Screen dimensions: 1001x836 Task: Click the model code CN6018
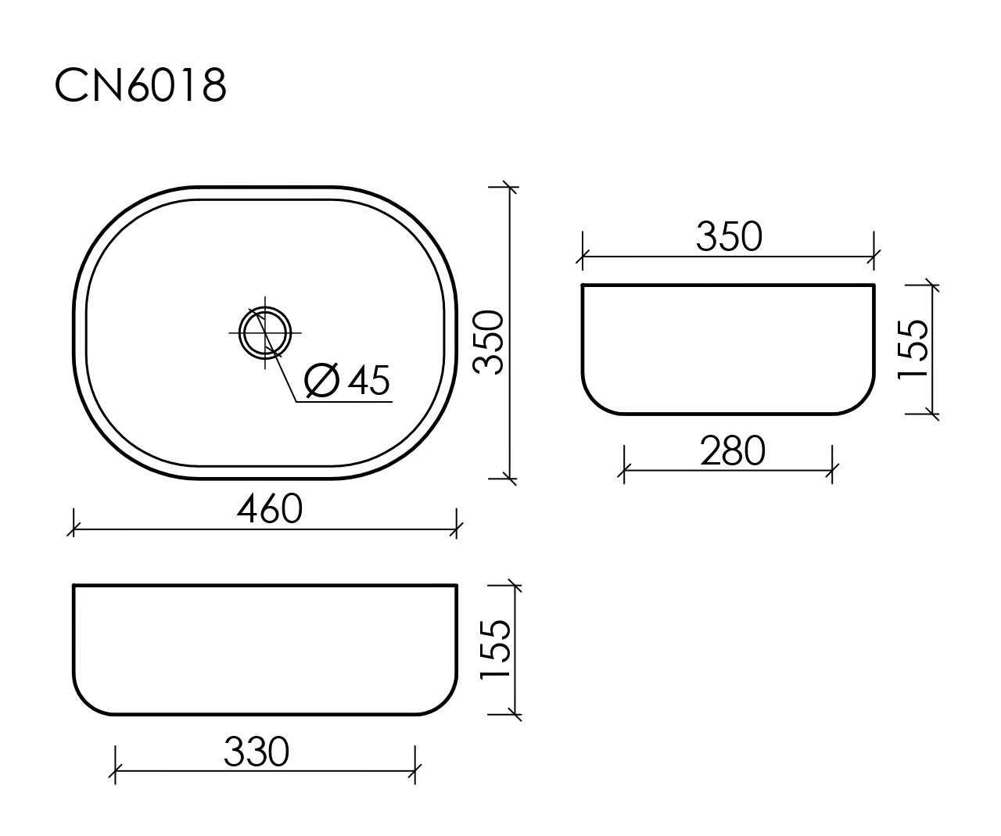[141, 84]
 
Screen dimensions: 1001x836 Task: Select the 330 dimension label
[257, 752]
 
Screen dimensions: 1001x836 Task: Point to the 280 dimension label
[733, 450]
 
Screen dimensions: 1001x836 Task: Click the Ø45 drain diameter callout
[347, 380]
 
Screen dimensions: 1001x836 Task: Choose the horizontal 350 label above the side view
[729, 236]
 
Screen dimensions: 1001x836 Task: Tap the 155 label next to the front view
[495, 650]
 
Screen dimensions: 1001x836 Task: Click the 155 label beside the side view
[913, 349]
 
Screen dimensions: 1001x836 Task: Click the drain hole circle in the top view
[265, 332]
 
